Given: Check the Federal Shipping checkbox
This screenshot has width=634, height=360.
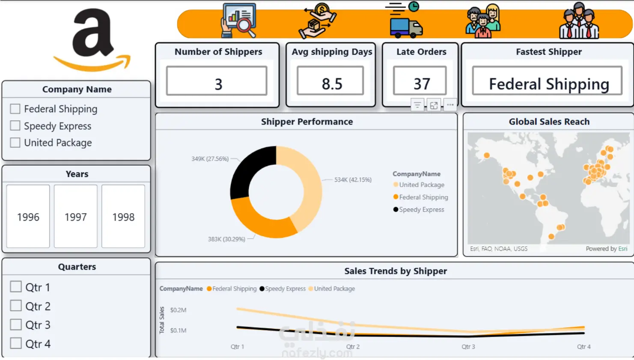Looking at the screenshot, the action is [15, 109].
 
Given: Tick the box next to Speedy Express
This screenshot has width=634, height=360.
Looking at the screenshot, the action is [15, 126].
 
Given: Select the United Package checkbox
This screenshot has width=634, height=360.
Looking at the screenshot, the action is [15, 143].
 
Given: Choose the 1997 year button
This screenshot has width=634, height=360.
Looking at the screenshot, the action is [76, 217].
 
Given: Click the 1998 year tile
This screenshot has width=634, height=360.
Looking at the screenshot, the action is [123, 217].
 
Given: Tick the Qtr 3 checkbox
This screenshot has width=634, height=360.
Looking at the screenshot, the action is [15, 324].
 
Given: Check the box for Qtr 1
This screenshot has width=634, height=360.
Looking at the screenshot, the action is [15, 287].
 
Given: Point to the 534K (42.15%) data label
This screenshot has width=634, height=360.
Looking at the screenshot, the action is [353, 180].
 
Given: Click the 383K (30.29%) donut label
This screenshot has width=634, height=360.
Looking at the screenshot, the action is [226, 239].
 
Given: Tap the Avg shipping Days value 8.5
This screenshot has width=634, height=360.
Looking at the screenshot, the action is [332, 84].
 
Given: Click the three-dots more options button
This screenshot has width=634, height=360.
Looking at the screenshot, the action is [450, 105].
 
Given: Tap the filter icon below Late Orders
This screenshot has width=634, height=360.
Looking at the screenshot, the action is [417, 105].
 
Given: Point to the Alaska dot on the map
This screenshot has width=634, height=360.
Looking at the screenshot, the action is [487, 155].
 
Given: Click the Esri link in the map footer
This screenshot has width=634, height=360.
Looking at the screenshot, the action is [623, 249].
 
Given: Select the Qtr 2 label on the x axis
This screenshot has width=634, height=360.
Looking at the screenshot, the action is [353, 347].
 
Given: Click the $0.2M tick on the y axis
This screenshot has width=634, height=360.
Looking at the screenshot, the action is [179, 310].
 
